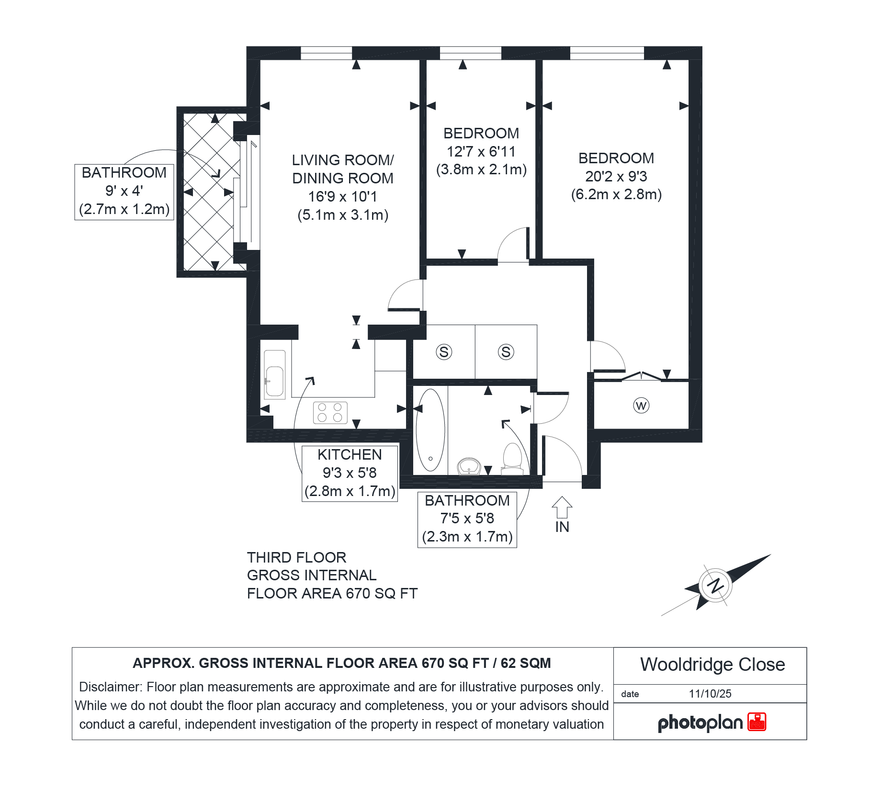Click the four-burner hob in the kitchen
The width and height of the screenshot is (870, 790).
(330, 412)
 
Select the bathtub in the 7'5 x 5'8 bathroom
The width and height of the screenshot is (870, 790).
(430, 430)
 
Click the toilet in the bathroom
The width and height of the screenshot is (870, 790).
(512, 458)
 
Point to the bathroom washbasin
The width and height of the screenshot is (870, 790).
(469, 466)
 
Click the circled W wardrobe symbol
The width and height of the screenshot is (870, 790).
(641, 406)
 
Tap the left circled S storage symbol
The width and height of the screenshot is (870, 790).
(444, 352)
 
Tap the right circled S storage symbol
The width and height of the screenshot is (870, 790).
(506, 352)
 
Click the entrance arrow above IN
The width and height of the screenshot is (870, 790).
(562, 507)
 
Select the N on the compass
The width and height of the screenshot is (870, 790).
(715, 585)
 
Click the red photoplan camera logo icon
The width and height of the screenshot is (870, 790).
(757, 722)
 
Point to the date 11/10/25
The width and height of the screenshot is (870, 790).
(710, 694)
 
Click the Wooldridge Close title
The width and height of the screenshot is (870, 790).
(712, 665)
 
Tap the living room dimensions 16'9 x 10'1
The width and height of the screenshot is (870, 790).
(343, 196)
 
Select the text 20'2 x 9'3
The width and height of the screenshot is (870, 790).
(616, 176)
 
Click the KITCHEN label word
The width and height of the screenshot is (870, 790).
(350, 454)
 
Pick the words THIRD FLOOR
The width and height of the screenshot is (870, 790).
(296, 557)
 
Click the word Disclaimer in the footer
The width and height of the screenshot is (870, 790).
(110, 687)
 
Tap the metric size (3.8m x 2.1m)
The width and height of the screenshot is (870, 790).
(481, 169)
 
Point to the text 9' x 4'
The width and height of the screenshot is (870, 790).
(124, 191)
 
